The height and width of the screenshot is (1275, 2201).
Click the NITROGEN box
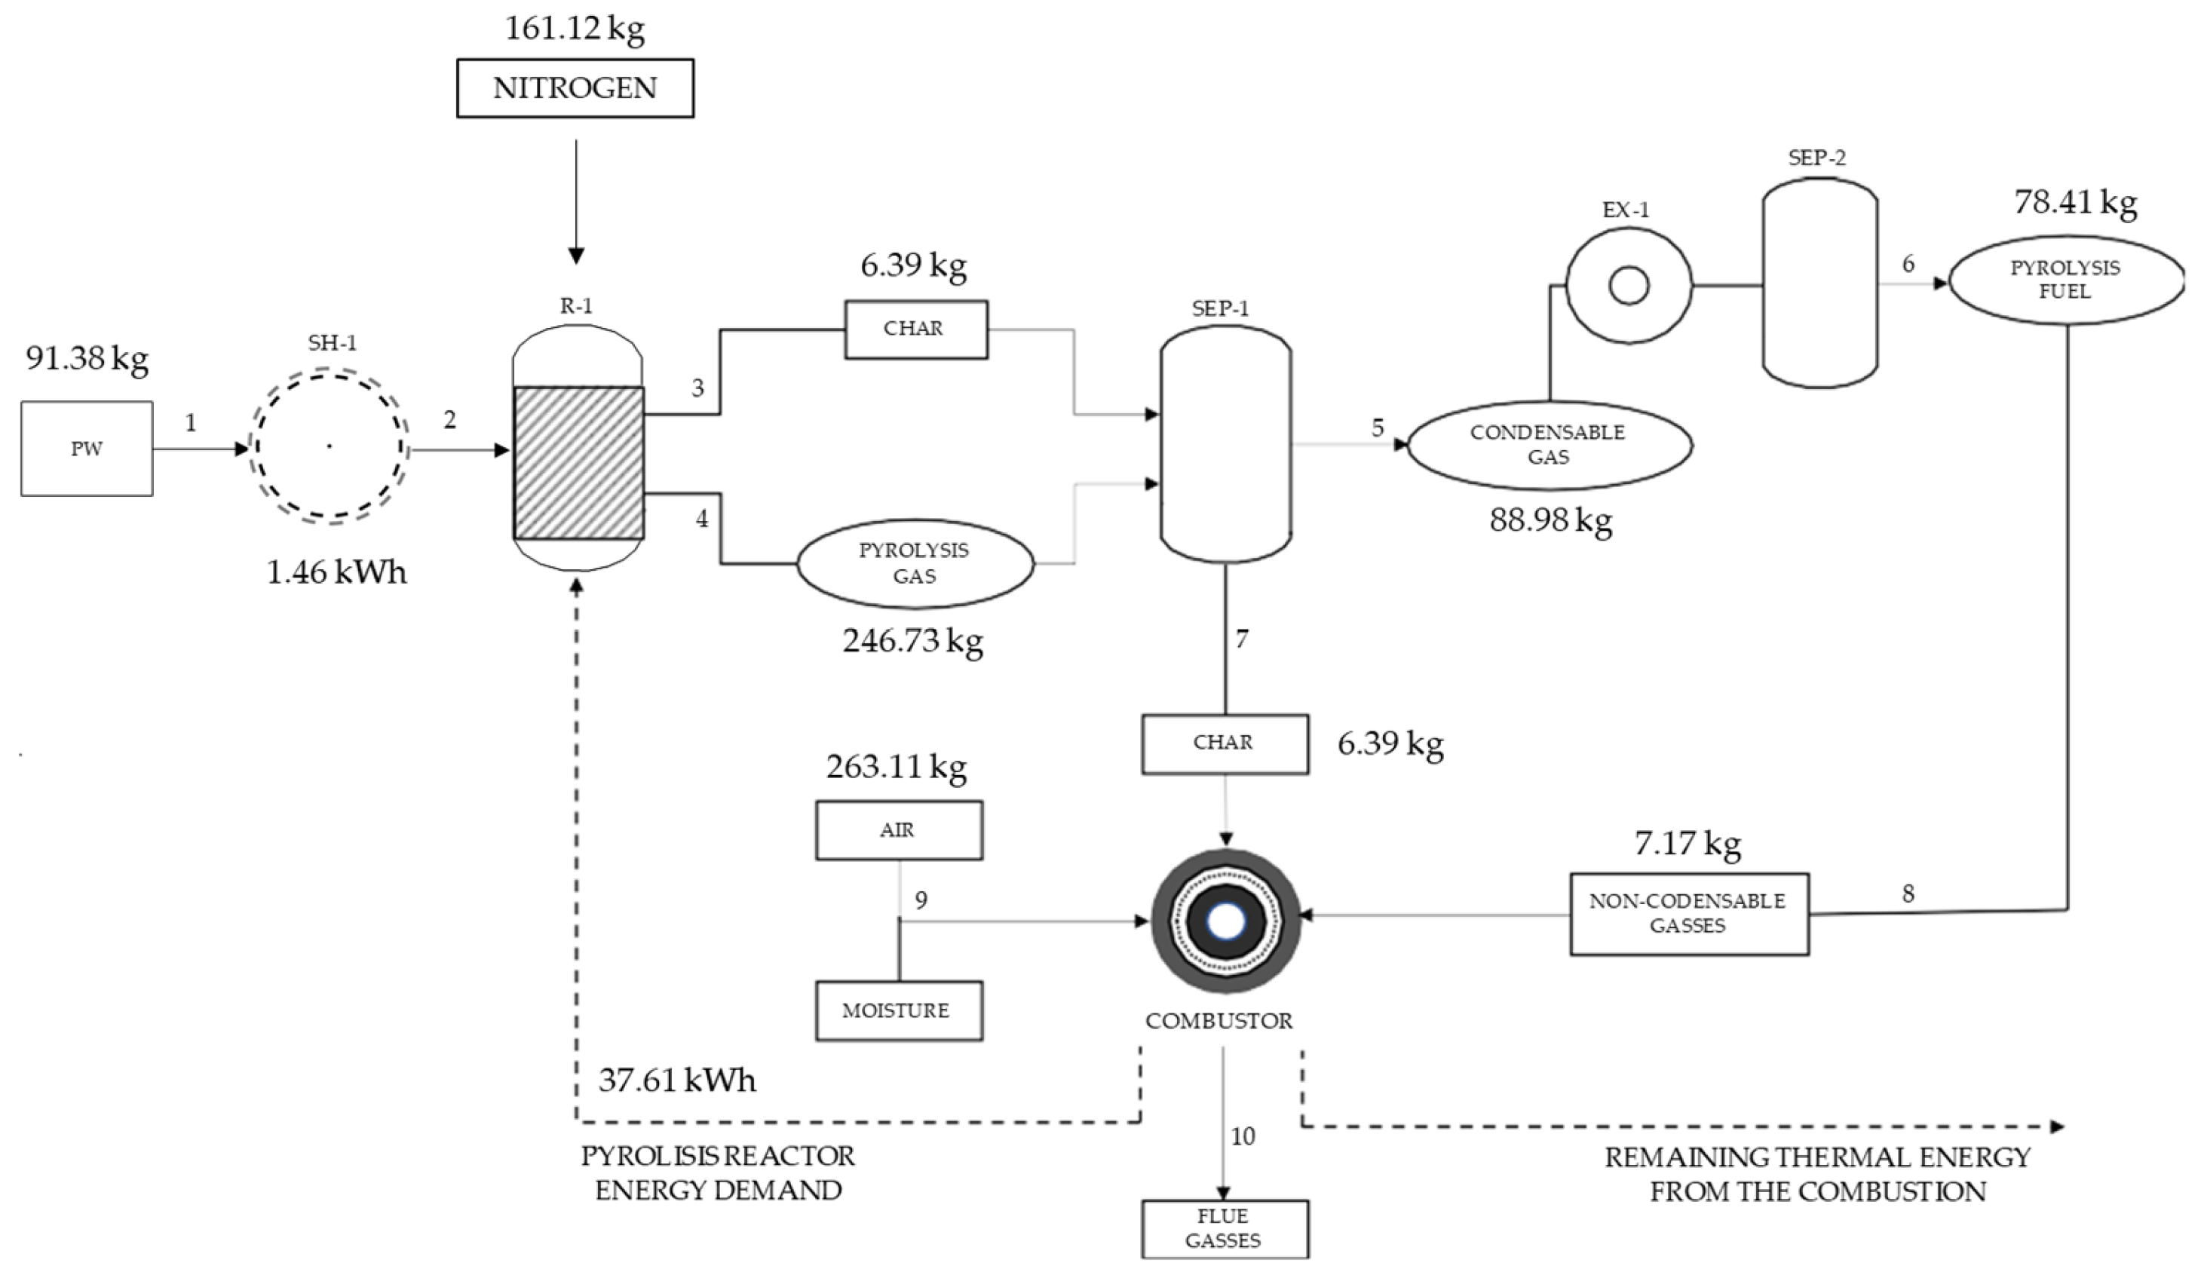[575, 88]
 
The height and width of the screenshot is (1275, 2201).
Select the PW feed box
[87, 449]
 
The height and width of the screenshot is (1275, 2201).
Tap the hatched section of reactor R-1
[578, 463]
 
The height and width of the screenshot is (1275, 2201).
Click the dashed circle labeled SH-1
[330, 448]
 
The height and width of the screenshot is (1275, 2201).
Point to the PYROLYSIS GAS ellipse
[915, 563]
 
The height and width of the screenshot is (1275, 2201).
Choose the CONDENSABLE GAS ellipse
[1549, 445]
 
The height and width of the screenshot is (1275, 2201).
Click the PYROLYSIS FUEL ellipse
[2065, 280]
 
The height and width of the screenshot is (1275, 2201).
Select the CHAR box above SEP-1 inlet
[915, 329]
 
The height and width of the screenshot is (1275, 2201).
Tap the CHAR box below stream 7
[1224, 744]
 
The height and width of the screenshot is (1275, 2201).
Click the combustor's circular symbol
[1225, 921]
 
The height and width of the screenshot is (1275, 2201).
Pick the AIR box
[898, 829]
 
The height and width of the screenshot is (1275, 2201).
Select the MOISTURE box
[898, 1010]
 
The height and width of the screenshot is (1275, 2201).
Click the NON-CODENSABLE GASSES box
[1688, 913]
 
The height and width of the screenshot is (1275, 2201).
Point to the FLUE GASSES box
[1224, 1227]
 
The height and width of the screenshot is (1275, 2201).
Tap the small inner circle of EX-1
[1628, 286]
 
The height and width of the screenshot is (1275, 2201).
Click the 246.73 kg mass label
[912, 641]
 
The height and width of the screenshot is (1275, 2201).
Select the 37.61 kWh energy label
[677, 1080]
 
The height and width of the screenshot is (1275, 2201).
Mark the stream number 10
[1242, 1136]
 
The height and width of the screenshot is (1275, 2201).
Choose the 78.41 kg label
[2075, 203]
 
